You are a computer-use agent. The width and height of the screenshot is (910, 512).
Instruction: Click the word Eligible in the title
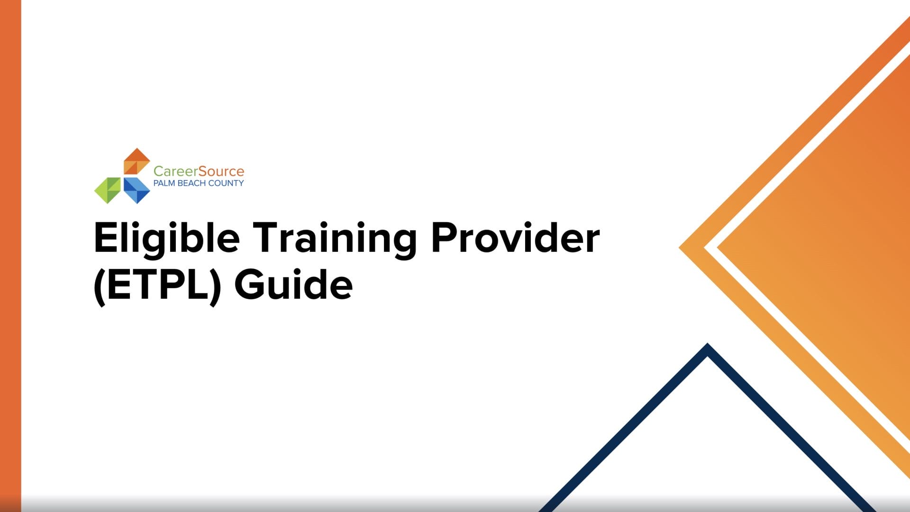[167, 240]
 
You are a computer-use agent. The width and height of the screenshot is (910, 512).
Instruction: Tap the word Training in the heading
[335, 240]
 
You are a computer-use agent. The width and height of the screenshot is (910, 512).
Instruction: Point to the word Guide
[294, 284]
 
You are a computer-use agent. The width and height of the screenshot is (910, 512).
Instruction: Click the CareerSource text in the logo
[199, 171]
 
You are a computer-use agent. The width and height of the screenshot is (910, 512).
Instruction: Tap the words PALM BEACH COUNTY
[199, 183]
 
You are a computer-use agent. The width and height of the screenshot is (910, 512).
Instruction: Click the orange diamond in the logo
[136, 161]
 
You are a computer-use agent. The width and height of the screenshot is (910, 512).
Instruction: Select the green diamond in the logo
[108, 191]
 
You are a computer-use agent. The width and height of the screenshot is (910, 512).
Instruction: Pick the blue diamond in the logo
[136, 191]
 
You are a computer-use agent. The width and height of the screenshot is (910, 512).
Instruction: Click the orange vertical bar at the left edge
[10, 256]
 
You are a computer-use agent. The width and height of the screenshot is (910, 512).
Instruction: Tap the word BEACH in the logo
[192, 183]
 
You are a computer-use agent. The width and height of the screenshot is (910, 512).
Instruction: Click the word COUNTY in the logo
[226, 183]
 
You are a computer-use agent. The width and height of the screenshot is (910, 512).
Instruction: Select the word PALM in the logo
[164, 183]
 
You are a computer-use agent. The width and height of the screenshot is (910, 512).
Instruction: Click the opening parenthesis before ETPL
[100, 287]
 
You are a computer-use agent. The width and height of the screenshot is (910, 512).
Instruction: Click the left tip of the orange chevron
[680, 247]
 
